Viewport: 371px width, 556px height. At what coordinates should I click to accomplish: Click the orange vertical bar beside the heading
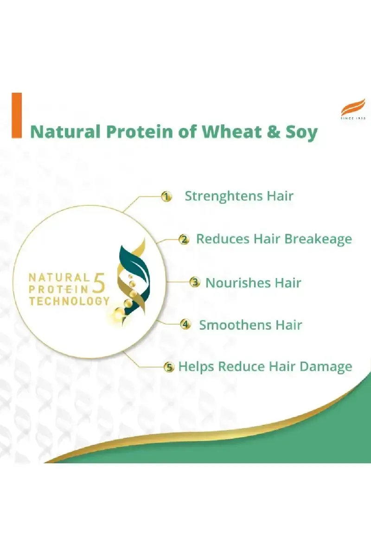[17, 115]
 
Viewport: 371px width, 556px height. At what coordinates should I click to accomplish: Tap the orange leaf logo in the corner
[353, 107]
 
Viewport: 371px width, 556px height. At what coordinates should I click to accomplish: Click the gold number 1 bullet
[166, 197]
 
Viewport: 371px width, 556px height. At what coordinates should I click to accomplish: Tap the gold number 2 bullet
[184, 240]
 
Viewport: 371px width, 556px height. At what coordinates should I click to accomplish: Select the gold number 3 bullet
[195, 282]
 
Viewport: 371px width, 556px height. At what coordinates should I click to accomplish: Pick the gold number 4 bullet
[185, 324]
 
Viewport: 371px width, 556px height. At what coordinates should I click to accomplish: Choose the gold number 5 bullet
[169, 367]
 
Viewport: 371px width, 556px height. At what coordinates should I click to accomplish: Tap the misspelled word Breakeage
[318, 239]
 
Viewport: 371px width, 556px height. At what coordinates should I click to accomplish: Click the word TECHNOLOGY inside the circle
[69, 301]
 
